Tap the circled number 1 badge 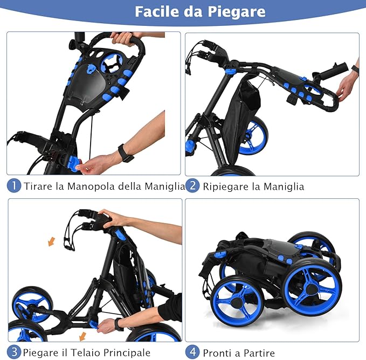point(14,186)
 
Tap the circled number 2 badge point(193,186)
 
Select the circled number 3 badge point(14,352)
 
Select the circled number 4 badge point(193,352)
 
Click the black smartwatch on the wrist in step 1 point(126,153)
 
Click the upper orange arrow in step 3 point(51,242)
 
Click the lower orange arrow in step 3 point(82,336)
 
